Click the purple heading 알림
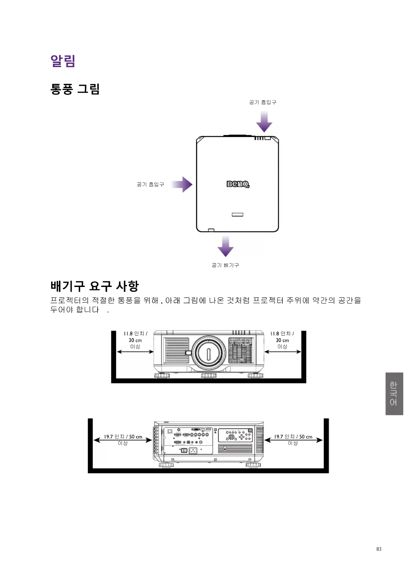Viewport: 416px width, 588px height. pos(63,61)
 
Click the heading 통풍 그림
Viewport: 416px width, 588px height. pos(75,89)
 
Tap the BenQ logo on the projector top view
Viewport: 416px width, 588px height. pos(238,184)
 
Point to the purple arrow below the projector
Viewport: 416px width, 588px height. pos(226,246)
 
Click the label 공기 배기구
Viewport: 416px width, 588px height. pos(225,265)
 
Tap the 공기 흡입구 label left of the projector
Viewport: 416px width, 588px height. pos(151,184)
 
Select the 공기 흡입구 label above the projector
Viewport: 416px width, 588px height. pos(263,102)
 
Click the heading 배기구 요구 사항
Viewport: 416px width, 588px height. pos(95,286)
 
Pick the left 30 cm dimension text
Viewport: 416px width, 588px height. pos(135,340)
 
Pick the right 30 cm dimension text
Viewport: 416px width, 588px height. pos(282,340)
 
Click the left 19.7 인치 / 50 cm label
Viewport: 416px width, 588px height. pos(123,436)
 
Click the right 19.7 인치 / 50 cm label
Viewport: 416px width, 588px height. pos(293,436)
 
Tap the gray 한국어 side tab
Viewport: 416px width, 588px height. pos(394,394)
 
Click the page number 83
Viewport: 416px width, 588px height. pos(379,549)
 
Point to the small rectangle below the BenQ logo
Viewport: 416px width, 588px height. pos(237,215)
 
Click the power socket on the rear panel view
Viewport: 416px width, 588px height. pos(193,451)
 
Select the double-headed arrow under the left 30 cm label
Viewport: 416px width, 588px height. pos(135,352)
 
